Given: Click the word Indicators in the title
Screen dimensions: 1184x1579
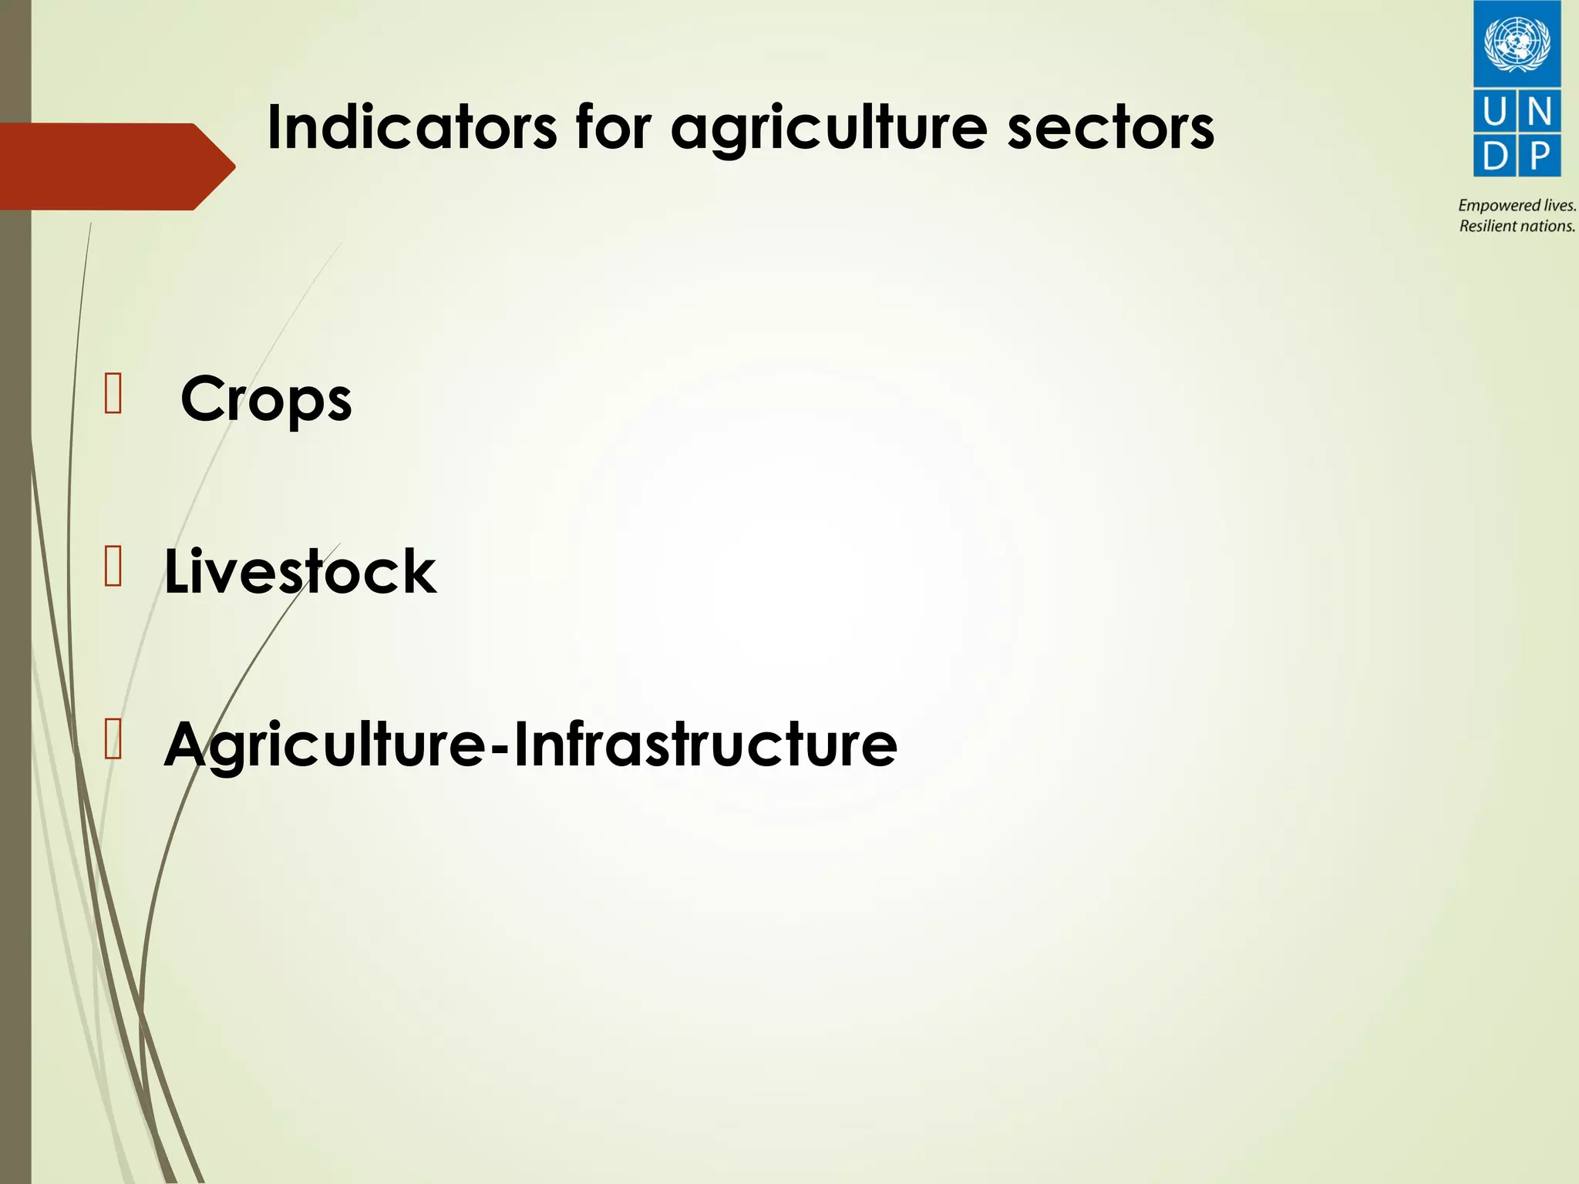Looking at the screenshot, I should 411,128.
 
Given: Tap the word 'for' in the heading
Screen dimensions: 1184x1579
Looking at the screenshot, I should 613,128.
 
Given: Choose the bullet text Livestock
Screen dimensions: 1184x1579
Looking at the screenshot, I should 300,572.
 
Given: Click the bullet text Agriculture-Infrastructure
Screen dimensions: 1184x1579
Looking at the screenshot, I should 530,745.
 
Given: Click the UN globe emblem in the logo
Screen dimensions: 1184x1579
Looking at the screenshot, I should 1517,43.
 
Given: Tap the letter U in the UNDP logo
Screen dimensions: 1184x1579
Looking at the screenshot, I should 1494,113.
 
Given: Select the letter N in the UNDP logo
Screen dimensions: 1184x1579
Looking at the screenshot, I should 1539,113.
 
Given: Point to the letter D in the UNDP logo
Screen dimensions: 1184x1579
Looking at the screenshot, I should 1494,156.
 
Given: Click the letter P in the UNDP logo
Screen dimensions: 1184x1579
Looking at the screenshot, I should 1539,156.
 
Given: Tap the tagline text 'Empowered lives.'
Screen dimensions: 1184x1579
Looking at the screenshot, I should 1517,205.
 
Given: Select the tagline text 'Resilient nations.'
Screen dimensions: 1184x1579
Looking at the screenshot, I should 1517,226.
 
